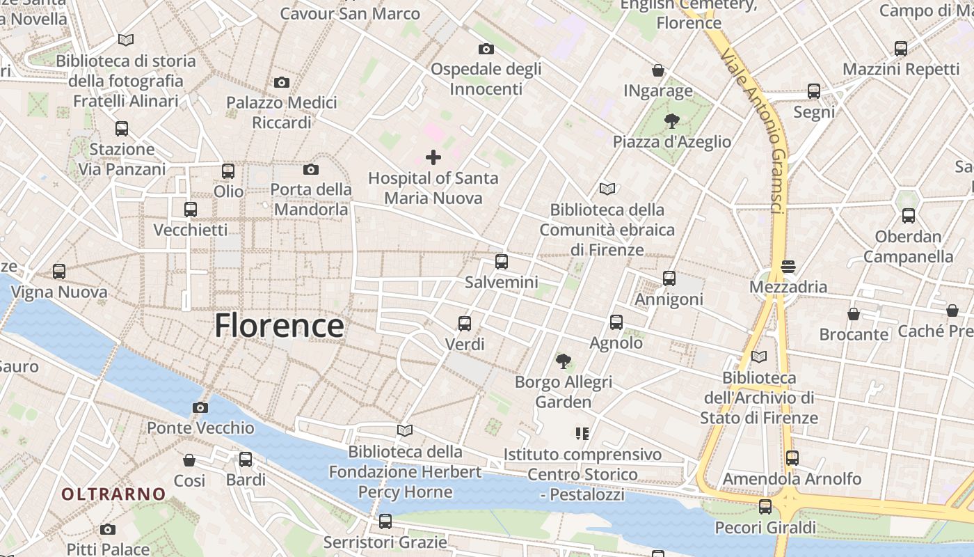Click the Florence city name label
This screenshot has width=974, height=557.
279,326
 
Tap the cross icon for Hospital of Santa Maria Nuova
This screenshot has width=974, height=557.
433,157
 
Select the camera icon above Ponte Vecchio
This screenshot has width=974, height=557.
200,407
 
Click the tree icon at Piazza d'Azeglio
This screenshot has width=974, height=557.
671,121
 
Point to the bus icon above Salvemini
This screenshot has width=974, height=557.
501,262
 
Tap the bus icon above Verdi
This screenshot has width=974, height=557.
464,324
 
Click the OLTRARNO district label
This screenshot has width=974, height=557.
113,494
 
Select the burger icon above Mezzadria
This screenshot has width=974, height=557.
788,266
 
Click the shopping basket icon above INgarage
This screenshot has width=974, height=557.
657,70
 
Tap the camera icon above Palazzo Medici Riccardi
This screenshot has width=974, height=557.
281,82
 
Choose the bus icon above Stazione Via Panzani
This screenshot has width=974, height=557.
122,129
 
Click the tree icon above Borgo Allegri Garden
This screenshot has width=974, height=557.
563,361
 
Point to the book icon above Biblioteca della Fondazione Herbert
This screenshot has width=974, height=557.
404,431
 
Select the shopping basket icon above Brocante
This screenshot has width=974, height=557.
853,314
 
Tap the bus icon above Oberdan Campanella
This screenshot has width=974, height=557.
908,216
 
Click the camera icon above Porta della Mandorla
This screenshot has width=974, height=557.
310,169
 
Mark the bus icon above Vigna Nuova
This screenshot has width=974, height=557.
59,272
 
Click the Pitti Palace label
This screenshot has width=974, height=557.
108,549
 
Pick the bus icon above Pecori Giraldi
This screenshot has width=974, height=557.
765,507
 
